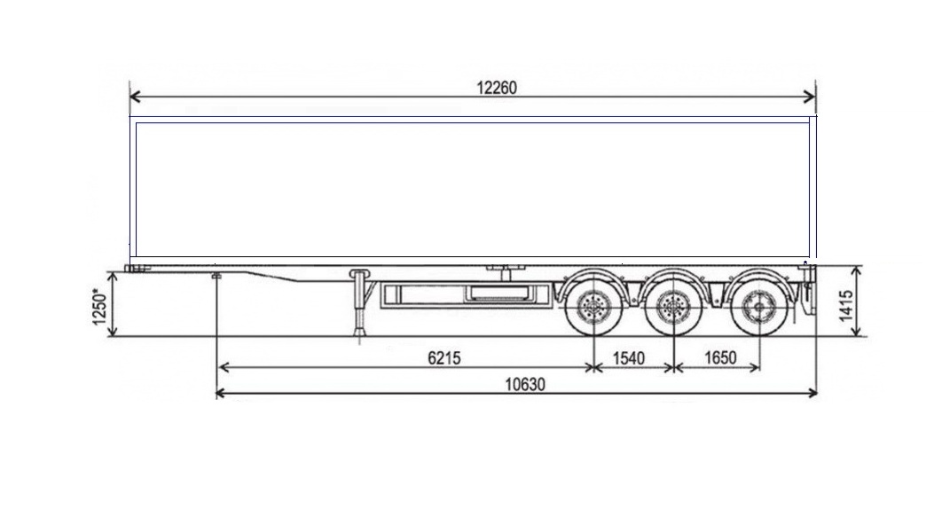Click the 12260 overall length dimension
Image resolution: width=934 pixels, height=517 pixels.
point(496,88)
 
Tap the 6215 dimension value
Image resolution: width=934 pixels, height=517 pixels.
point(444,358)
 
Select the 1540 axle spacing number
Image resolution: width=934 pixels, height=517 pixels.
point(629,358)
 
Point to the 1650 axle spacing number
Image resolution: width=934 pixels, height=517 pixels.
point(721,358)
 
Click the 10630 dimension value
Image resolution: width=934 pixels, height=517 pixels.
point(525,384)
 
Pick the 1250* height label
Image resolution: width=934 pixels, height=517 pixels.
point(99,307)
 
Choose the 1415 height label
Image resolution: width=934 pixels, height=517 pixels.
point(846,306)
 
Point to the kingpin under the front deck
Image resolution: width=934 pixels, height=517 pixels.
point(216,276)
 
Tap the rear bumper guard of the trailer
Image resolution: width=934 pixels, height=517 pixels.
point(808,291)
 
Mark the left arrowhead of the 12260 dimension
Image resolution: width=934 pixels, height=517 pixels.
point(135,97)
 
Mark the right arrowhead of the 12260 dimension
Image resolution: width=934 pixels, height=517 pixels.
point(810,97)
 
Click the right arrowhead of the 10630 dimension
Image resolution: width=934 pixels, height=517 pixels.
point(812,393)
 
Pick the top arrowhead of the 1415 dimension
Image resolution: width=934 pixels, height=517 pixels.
point(857,271)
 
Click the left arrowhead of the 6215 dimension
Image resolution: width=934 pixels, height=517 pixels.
point(224,367)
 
